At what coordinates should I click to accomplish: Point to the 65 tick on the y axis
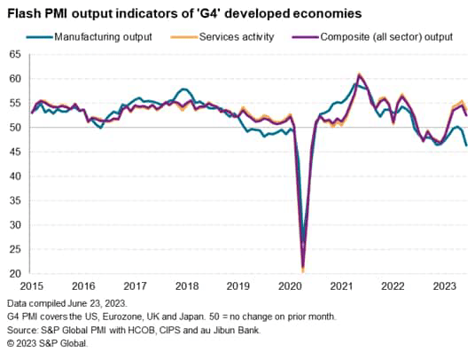pos(15,54)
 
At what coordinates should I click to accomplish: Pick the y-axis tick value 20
pos(15,274)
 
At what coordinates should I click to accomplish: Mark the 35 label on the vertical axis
pos(15,200)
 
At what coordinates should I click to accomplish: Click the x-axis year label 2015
pos(32,286)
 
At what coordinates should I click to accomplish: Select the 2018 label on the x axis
pos(186,286)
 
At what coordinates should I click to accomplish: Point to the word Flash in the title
pos(26,13)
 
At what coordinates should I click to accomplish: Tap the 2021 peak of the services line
pos(359,74)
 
